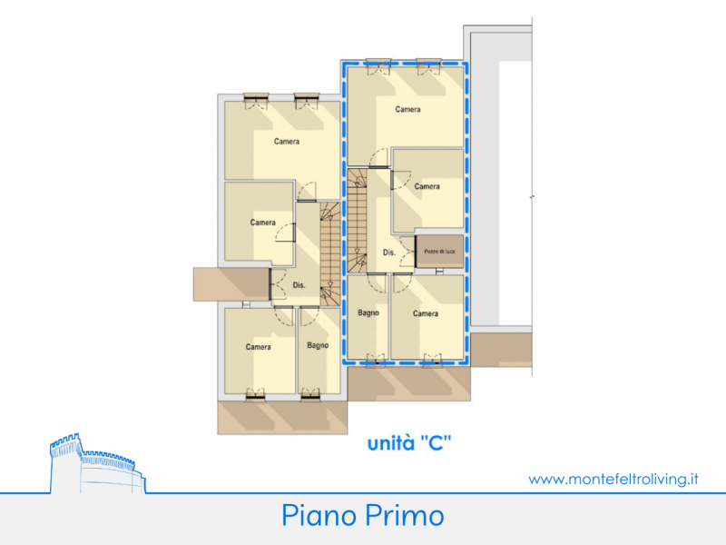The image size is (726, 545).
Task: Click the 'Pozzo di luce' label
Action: pyautogui.click(x=439, y=252)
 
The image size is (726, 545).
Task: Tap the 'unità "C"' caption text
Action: pyautogui.click(x=409, y=443)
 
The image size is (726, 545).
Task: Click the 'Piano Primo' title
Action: pyautogui.click(x=363, y=515)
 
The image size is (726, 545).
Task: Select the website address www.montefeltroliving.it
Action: pyautogui.click(x=613, y=479)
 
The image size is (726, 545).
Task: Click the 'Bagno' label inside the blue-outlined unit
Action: pyautogui.click(x=368, y=312)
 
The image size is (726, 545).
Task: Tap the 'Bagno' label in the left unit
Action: pyautogui.click(x=318, y=345)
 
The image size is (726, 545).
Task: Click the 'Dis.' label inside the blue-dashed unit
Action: pyautogui.click(x=389, y=253)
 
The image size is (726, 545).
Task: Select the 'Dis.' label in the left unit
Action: pyautogui.click(x=299, y=285)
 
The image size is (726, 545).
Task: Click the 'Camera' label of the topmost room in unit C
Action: pyautogui.click(x=407, y=109)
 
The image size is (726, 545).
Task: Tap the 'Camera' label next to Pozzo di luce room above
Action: pyautogui.click(x=427, y=186)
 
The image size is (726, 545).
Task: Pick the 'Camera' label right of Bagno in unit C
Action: pyautogui.click(x=426, y=313)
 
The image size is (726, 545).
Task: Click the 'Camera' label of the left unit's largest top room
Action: pyautogui.click(x=287, y=142)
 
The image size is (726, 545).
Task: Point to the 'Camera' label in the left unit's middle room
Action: pyautogui.click(x=263, y=223)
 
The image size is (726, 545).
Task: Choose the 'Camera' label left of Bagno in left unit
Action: pyautogui.click(x=259, y=347)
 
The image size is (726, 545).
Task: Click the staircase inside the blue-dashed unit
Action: pyautogui.click(x=357, y=221)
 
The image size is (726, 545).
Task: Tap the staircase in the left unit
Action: pyautogui.click(x=330, y=254)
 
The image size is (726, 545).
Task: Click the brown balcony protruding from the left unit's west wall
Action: pyautogui.click(x=231, y=284)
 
